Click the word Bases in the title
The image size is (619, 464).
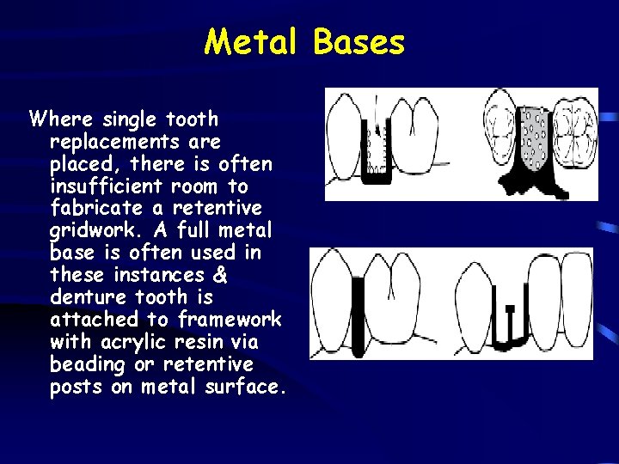tap(359, 41)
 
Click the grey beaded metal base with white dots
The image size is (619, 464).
tap(535, 137)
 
